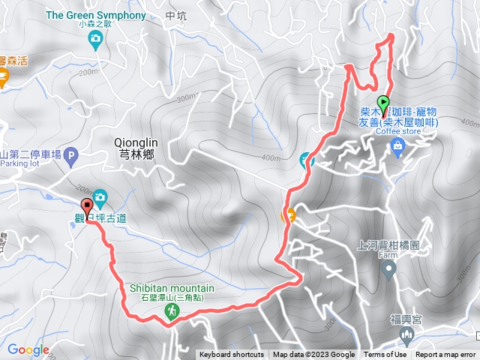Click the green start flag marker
tap(383, 103)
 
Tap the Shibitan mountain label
tap(172, 288)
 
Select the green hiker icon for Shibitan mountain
tap(171, 310)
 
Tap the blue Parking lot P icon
tap(71, 156)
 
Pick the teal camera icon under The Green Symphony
tap(94, 43)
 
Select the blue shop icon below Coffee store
tap(397, 150)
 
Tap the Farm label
tap(387, 255)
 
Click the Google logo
tap(28, 349)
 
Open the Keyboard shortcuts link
tap(232, 355)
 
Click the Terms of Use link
tap(385, 355)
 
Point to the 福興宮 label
tap(406, 319)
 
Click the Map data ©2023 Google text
tap(313, 355)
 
